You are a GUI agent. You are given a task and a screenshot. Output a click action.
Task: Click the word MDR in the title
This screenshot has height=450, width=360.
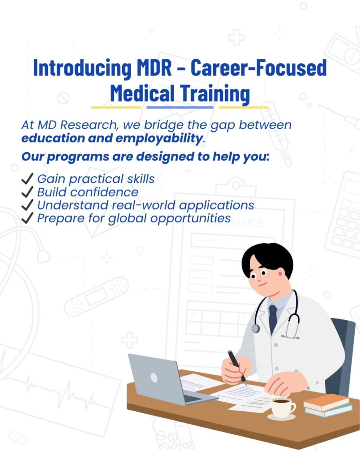point(154,68)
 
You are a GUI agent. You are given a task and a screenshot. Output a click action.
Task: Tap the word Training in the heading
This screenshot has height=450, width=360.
point(215,93)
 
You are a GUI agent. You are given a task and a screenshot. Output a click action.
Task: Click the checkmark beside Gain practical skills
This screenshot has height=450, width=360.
point(27,178)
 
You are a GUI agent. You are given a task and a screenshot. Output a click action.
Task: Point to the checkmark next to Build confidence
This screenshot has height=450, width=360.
point(27,192)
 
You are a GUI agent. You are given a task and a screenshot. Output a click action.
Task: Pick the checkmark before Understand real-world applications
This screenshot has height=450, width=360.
point(27,205)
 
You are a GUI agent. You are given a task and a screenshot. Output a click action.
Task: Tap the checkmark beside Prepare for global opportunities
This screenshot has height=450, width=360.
point(27,218)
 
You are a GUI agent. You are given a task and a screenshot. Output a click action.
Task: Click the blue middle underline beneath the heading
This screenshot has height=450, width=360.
point(180,107)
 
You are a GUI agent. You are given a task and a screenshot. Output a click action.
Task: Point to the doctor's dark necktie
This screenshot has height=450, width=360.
point(273,318)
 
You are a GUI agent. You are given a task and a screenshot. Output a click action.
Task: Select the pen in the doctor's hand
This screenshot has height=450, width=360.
point(237,367)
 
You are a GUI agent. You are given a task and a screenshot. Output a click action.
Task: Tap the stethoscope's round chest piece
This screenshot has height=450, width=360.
point(255,328)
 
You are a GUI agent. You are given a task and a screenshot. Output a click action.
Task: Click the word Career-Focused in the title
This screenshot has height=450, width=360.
point(258,68)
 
